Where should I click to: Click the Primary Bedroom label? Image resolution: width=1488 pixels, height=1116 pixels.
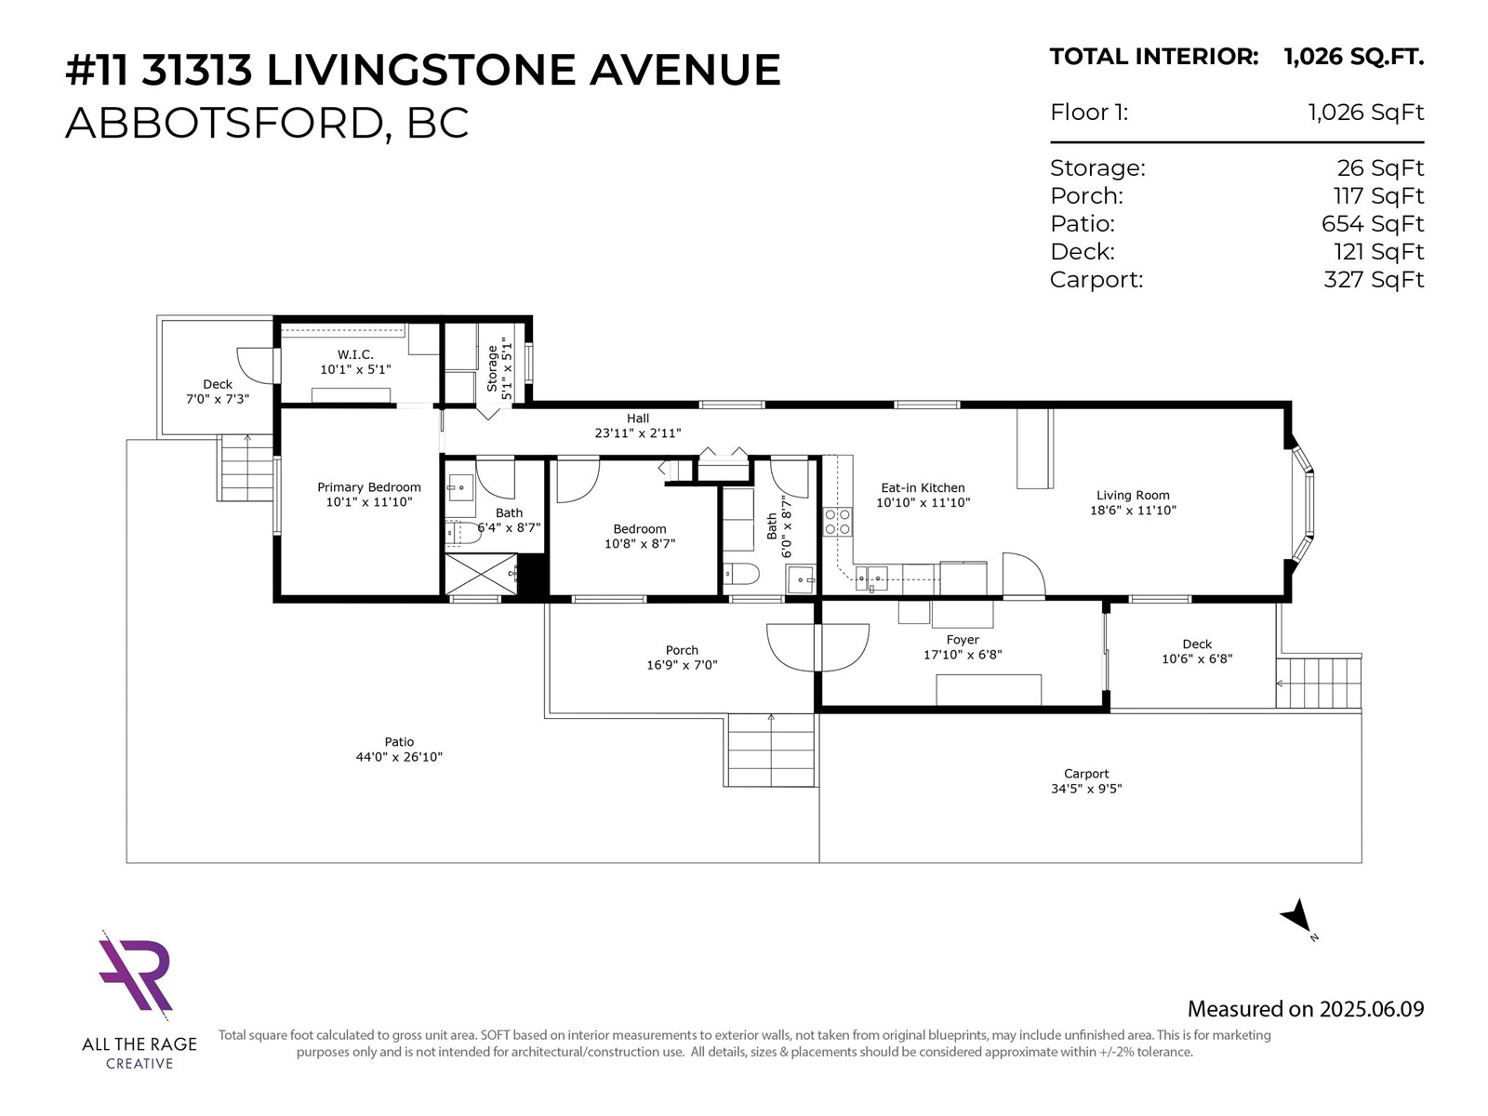(368, 487)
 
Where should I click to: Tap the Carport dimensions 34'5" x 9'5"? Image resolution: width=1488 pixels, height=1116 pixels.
(1086, 789)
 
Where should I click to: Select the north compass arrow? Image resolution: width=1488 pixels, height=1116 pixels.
(1297, 917)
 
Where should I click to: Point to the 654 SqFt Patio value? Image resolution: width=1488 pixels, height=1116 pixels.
(1372, 224)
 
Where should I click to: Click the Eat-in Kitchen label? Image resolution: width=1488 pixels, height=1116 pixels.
(923, 487)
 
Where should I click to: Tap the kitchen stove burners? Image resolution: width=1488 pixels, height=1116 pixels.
(837, 522)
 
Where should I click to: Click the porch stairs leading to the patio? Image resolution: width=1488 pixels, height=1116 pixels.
(770, 750)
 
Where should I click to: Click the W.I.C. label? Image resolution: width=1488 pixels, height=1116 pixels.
(355, 354)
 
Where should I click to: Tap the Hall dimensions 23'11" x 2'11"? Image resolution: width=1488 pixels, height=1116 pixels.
(638, 433)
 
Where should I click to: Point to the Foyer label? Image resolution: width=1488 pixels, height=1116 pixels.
(963, 640)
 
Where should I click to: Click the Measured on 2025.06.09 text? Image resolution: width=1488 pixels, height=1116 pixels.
(1305, 1009)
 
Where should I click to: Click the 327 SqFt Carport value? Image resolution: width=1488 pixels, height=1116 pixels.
(1373, 280)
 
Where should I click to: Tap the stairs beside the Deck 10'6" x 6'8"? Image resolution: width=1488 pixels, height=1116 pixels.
(1318, 683)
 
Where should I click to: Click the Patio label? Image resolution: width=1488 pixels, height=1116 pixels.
(399, 742)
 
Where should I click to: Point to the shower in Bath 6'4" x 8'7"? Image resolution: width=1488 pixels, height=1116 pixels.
(480, 574)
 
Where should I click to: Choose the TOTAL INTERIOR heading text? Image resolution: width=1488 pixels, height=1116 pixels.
(1153, 57)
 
